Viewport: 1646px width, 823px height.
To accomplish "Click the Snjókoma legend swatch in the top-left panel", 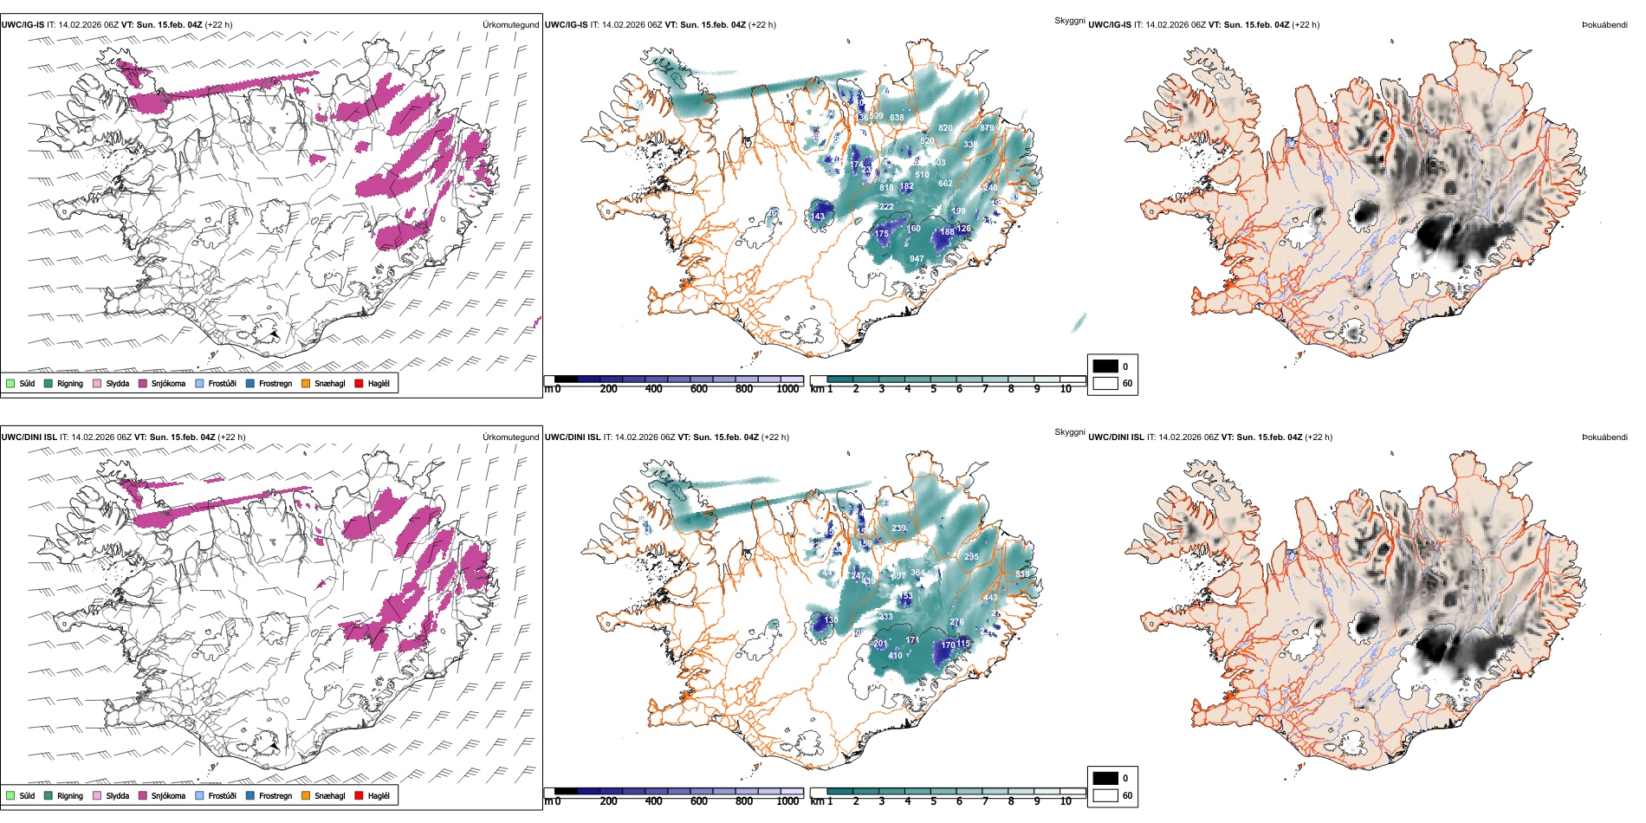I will click(143, 383).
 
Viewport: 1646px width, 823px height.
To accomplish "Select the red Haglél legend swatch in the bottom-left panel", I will click(359, 795).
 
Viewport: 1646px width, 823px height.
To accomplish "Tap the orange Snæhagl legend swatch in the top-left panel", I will click(306, 383).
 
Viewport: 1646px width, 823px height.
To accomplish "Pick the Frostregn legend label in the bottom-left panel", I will click(275, 795).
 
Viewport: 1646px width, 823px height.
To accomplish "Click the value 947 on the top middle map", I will click(917, 259).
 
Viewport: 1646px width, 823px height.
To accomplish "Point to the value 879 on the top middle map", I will click(987, 128).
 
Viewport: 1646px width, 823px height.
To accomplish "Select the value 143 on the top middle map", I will click(818, 217).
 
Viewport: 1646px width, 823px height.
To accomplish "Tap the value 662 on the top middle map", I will click(945, 184).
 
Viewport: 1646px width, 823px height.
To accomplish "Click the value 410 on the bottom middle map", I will click(895, 656).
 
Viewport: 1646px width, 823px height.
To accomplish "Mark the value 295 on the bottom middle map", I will click(971, 557).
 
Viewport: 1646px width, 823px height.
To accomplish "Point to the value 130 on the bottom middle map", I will click(830, 620).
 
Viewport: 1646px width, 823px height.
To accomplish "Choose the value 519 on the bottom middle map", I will click(1022, 574).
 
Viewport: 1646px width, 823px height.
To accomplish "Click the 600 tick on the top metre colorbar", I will click(698, 389).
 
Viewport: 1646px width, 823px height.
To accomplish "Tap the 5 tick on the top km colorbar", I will click(933, 389).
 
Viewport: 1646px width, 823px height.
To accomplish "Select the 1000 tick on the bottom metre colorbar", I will click(787, 801).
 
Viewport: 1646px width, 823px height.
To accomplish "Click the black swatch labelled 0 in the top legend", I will click(1105, 366).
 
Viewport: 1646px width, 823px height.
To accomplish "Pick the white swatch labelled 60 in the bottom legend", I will click(1105, 795).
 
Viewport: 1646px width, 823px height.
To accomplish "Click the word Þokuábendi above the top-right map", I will click(1604, 25).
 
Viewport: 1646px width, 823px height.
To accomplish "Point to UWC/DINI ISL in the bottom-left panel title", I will click(29, 437).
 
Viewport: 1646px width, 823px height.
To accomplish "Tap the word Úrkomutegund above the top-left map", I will click(510, 25).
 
